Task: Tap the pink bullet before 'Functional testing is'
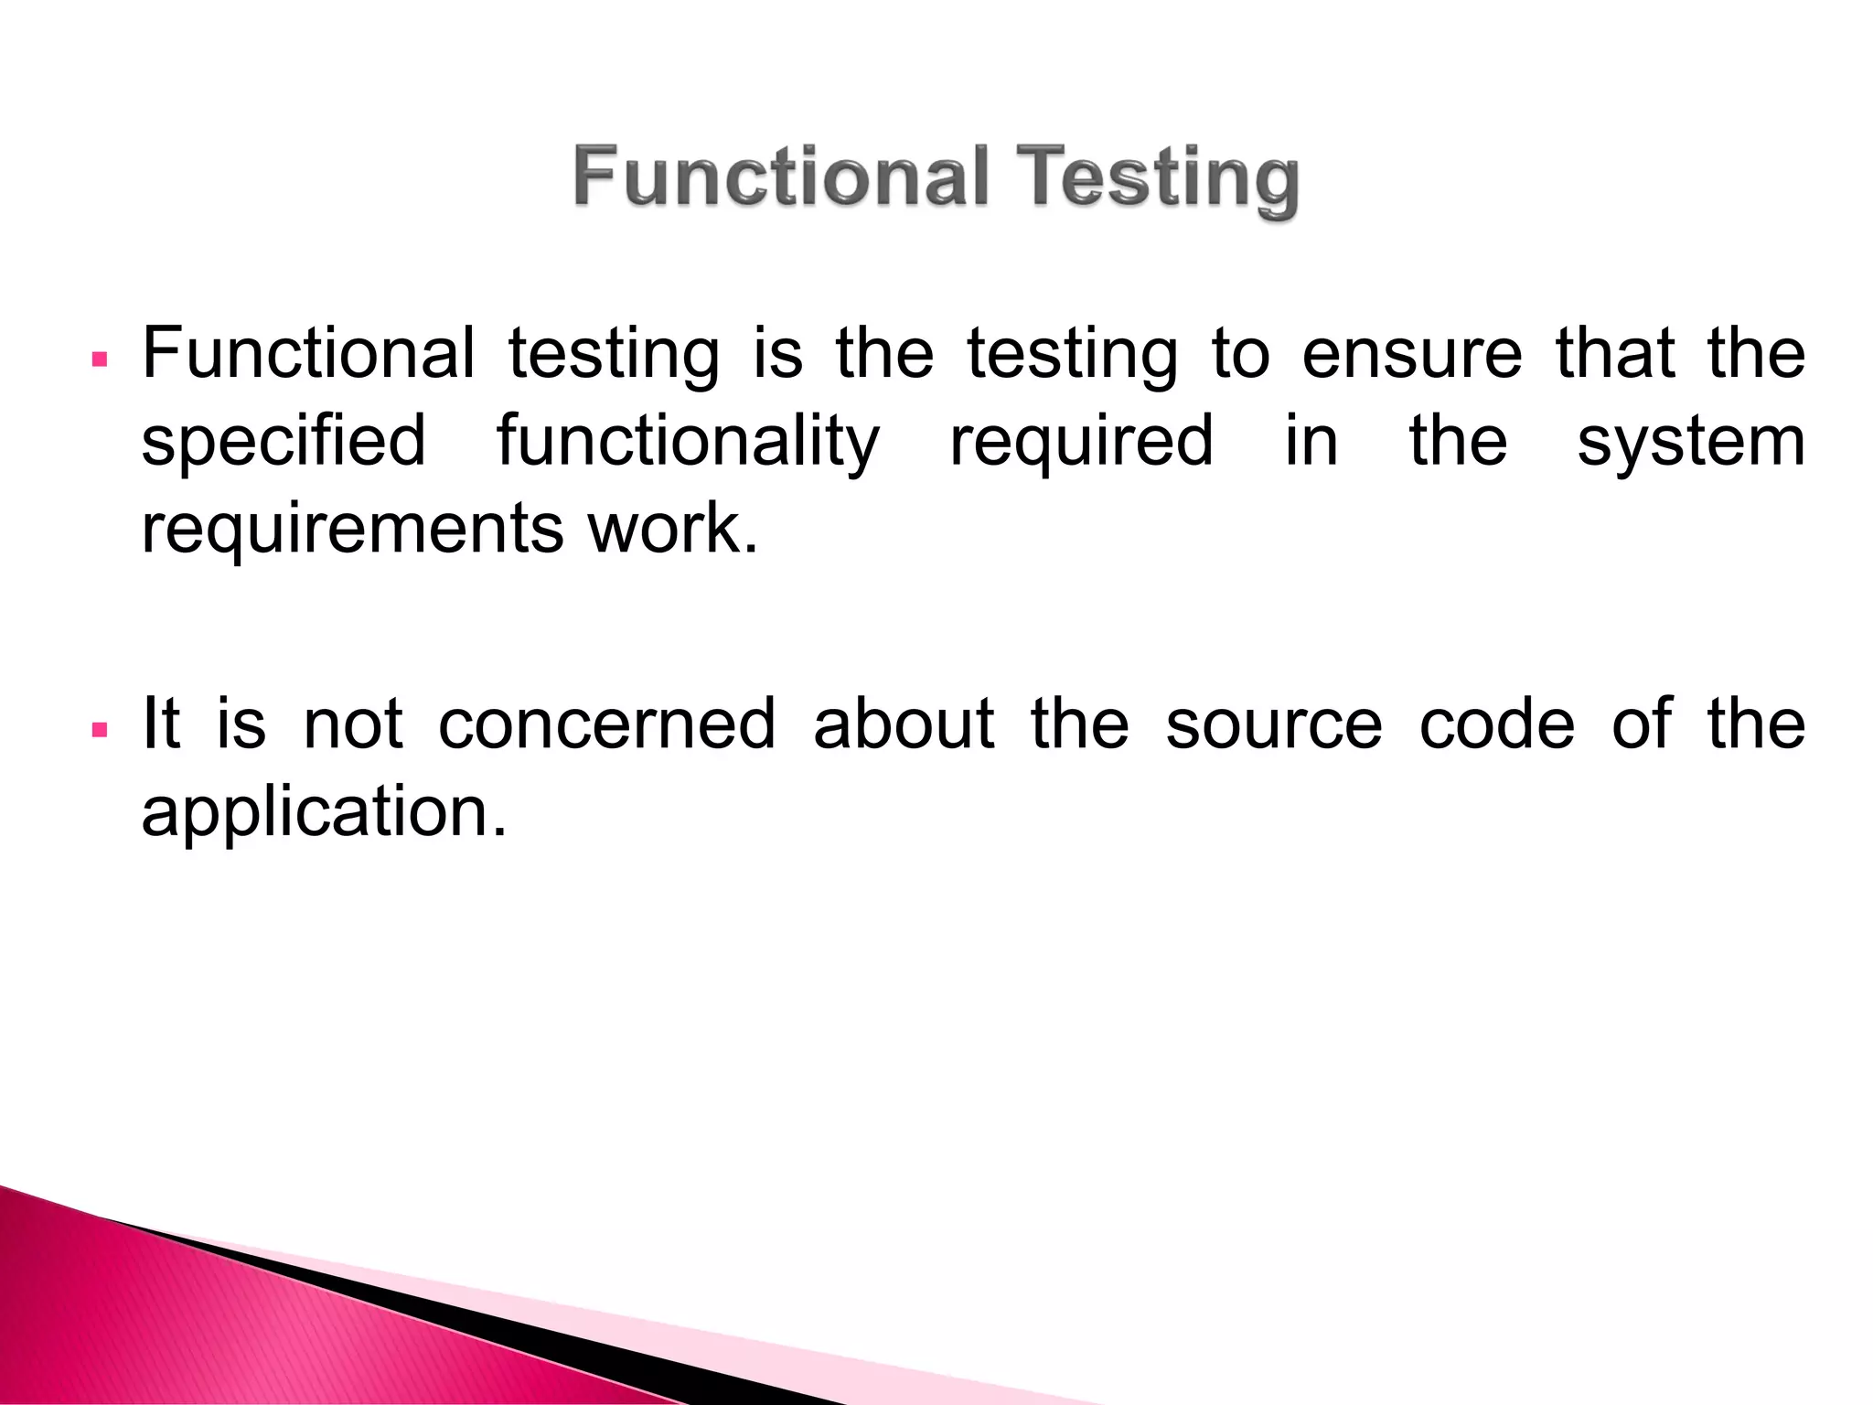point(101,358)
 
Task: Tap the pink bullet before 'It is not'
point(101,729)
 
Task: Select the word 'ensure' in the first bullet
point(1412,354)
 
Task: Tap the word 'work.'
point(673,529)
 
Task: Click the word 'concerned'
point(607,724)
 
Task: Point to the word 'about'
point(904,724)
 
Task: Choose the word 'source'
point(1273,724)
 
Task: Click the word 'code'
point(1496,724)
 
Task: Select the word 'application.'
point(324,812)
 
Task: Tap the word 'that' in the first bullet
point(1615,354)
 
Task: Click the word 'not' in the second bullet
point(353,724)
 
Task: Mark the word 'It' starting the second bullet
point(162,724)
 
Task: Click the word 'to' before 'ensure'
point(1241,354)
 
